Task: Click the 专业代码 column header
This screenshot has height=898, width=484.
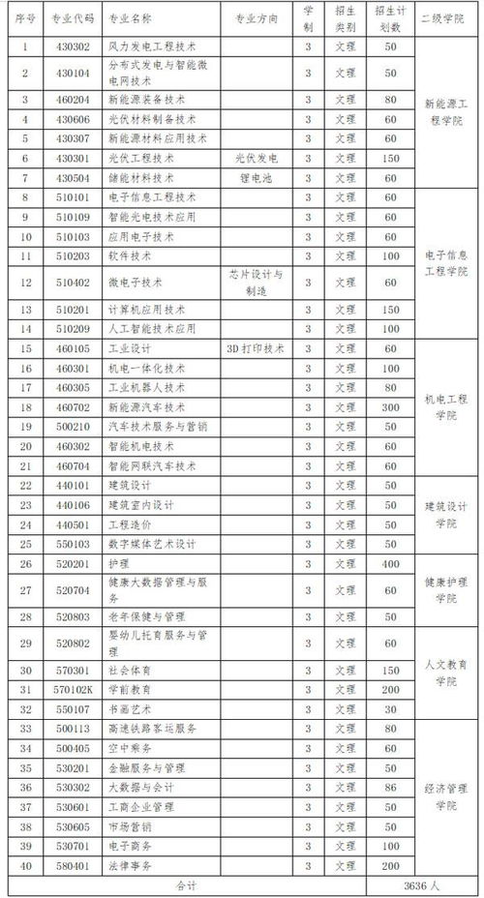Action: [74, 19]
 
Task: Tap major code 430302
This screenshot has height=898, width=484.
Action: [74, 45]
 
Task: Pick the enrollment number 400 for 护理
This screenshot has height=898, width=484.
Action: [391, 563]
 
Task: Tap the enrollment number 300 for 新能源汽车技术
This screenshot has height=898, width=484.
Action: [391, 407]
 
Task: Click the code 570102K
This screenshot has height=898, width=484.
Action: [74, 689]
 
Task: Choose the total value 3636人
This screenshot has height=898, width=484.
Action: [423, 884]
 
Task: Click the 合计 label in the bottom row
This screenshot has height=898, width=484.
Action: [185, 884]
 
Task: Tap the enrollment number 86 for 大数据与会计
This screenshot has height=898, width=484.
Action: [391, 788]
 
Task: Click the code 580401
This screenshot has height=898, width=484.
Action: [74, 865]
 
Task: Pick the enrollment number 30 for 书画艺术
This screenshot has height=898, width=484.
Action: [391, 708]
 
